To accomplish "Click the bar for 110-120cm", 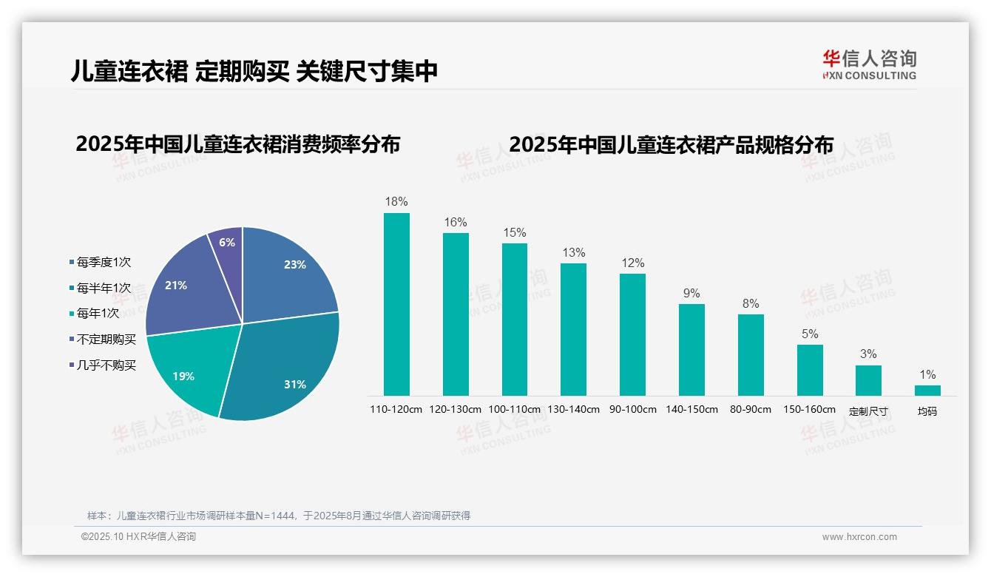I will pos(396,304).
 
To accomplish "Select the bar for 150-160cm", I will pos(810,370).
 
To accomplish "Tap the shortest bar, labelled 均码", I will pos(927,390).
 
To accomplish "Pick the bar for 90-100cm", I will pos(632,334).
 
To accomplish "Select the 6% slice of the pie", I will pos(227,244).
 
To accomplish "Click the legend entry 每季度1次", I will pos(104,262).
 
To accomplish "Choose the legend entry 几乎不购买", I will pos(106,365).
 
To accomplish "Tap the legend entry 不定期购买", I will pos(106,340).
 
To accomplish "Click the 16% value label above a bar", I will pos(456,222).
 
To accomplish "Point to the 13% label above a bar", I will pos(573,252).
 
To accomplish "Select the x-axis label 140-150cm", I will pos(691,409).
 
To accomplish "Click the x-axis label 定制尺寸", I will pos(868,411).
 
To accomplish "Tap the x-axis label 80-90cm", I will pos(750,409).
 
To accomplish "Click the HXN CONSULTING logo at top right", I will pos(869,64).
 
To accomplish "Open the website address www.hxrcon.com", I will pos(859,537).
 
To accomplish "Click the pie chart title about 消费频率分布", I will pos(237,144).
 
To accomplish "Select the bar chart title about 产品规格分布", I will pos(671,144).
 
